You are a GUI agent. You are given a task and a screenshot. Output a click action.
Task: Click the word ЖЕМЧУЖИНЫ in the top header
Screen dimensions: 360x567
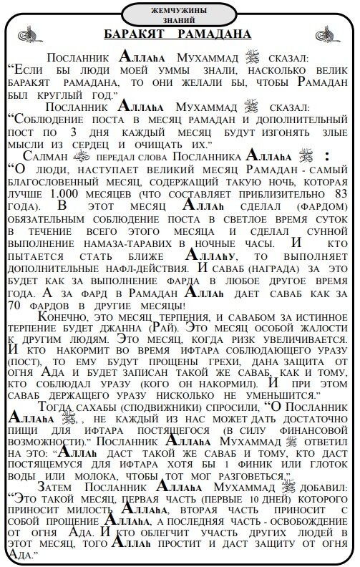(x=180, y=11)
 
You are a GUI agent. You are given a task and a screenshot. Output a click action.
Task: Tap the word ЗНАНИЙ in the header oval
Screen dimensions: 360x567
(x=180, y=21)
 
